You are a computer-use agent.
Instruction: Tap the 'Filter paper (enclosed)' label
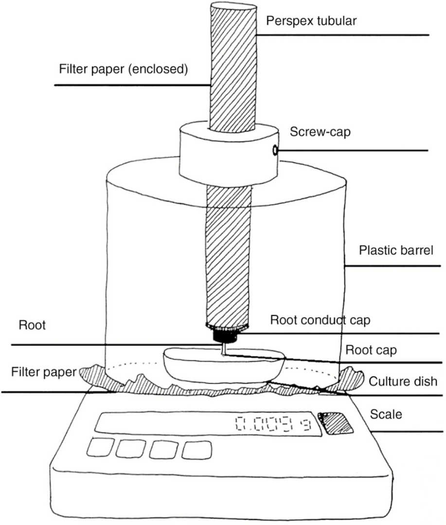pyautogui.click(x=123, y=69)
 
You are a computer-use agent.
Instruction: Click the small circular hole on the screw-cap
pyautogui.click(x=275, y=151)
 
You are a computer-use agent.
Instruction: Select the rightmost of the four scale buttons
pyautogui.click(x=197, y=450)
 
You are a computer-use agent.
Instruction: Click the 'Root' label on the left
pyautogui.click(x=32, y=325)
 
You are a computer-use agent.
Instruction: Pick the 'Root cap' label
pyautogui.click(x=364, y=350)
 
